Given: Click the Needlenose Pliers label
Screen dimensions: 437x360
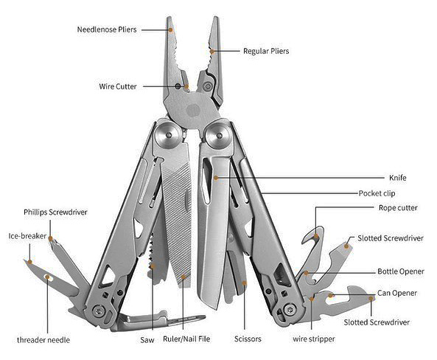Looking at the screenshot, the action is click(x=107, y=30).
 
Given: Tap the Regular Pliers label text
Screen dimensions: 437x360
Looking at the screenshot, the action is click(x=266, y=51).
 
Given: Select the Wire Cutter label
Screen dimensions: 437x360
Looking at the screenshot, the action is click(x=118, y=86).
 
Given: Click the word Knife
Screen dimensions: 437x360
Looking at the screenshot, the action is click(x=398, y=178).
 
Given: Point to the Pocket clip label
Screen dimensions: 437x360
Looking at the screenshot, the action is click(x=377, y=193).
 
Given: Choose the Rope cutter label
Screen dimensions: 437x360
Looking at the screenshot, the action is click(x=398, y=208).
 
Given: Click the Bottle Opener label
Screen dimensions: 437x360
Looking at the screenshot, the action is click(x=401, y=271).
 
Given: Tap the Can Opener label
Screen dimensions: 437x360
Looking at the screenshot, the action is click(x=397, y=293).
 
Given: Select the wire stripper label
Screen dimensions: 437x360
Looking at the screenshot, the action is click(x=314, y=339).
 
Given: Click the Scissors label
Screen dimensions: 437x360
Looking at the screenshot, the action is click(x=248, y=339).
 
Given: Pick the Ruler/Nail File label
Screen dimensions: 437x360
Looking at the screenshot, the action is click(x=186, y=339).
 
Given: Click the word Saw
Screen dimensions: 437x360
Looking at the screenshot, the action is click(x=147, y=339).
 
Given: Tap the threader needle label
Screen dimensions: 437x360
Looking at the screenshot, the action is click(x=43, y=339).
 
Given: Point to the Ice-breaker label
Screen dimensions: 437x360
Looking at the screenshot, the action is click(x=27, y=236).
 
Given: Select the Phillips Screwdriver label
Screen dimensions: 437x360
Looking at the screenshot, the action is click(x=55, y=212).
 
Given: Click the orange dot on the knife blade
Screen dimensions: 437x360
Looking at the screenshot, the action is click(x=216, y=178).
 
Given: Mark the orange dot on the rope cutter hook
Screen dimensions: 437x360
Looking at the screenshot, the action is click(x=316, y=236).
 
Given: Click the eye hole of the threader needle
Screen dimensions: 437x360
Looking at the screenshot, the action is click(x=48, y=277).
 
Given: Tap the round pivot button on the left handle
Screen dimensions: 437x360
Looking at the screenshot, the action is click(x=168, y=135).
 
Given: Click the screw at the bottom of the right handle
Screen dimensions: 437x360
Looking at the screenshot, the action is click(x=290, y=309).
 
